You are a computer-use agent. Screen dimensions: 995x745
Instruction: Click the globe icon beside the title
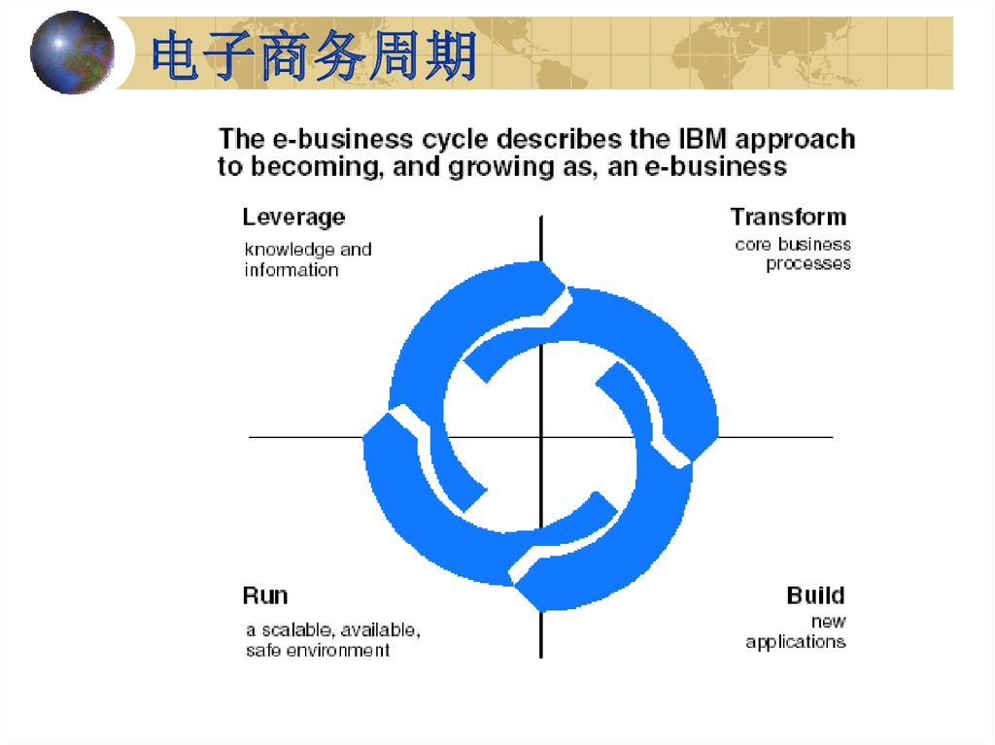tap(72, 52)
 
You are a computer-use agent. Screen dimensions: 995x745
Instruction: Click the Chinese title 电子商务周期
tap(314, 55)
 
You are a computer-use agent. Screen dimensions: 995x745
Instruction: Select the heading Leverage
tap(293, 217)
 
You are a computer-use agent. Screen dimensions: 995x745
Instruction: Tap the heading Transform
tap(788, 217)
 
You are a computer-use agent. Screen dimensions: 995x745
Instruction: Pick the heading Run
tap(265, 595)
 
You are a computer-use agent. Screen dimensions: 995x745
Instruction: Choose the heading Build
tap(816, 595)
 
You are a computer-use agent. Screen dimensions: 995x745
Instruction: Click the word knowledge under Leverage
tap(290, 250)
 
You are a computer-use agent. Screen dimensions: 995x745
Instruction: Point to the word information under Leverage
tap(292, 270)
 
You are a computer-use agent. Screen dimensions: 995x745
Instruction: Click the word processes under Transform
tap(808, 264)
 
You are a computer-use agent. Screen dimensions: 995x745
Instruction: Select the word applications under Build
tap(796, 642)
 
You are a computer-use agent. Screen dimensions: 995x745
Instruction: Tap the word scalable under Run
tap(297, 629)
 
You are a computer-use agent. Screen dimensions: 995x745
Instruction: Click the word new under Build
tap(829, 622)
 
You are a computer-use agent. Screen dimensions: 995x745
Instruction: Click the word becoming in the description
tap(318, 167)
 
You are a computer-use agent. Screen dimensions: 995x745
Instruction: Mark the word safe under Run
tap(263, 651)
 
